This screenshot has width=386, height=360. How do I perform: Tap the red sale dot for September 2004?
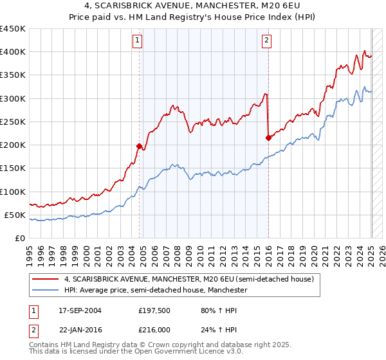139,146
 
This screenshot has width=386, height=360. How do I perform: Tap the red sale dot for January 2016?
268,137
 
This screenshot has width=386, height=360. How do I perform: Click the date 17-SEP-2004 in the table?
80,310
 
